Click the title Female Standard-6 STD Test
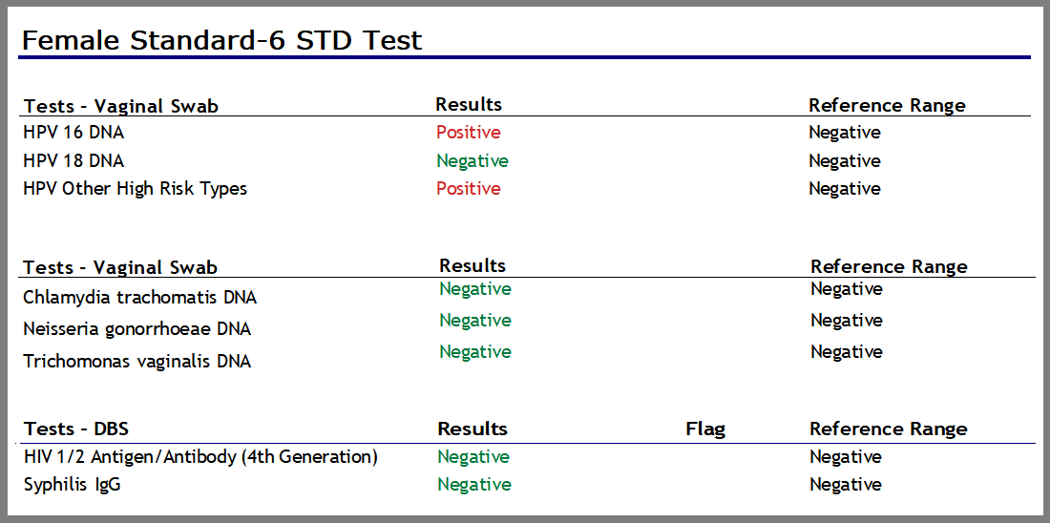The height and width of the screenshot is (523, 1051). [221, 40]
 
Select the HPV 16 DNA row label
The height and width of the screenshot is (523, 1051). [74, 133]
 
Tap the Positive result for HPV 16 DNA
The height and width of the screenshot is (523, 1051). [468, 133]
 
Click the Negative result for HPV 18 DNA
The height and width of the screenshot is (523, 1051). [472, 160]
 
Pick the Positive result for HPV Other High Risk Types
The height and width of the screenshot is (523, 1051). [468, 188]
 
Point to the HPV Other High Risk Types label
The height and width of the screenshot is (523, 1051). [135, 188]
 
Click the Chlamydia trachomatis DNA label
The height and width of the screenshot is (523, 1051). [139, 298]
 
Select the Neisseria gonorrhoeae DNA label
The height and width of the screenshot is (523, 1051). [137, 329]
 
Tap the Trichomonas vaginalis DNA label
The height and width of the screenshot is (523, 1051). [137, 362]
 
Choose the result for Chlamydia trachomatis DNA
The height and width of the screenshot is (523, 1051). [474, 288]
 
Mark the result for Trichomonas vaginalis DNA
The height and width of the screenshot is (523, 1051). [474, 351]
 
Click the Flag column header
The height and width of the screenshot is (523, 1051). [704, 429]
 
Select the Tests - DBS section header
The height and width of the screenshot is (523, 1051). [75, 429]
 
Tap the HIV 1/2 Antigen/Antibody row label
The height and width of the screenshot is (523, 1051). [200, 457]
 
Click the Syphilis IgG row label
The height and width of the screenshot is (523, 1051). [72, 485]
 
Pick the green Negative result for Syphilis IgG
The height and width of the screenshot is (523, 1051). [473, 485]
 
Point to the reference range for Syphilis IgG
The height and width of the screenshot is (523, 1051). [845, 485]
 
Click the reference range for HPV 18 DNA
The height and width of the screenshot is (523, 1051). [844, 160]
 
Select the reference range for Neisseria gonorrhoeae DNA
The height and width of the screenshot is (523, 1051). [846, 320]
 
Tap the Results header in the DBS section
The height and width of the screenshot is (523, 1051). [472, 429]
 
